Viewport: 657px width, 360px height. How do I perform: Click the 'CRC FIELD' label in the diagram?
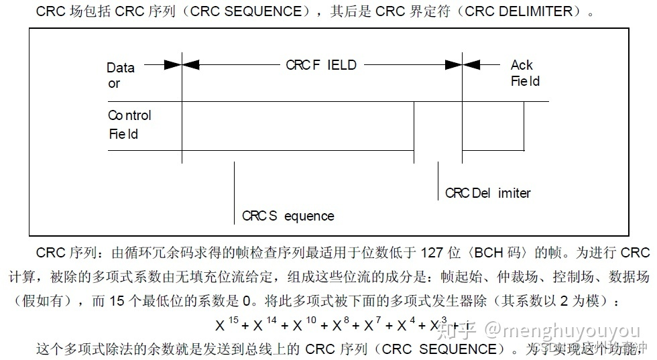(321, 65)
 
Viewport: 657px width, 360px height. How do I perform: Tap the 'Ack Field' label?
(524, 73)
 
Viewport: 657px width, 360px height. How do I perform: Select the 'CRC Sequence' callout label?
(288, 216)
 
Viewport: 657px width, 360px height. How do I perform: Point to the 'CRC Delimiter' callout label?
(487, 193)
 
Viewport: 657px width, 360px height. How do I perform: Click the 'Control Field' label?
(129, 124)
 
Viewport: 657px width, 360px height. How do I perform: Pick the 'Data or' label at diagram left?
(120, 75)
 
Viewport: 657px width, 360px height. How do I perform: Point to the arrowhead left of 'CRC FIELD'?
(190, 65)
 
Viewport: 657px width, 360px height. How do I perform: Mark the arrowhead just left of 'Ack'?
(471, 65)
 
